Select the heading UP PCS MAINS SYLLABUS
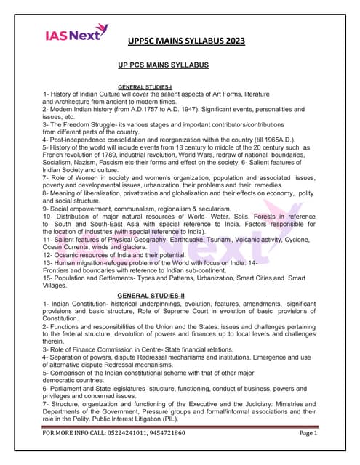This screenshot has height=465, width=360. [x=163, y=65]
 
